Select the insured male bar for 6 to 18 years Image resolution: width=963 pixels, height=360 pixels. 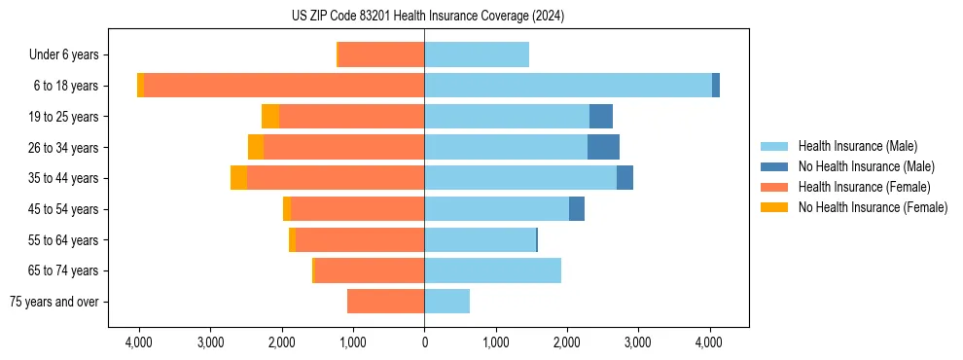coord(568,86)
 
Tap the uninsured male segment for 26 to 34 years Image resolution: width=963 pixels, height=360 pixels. coord(603,147)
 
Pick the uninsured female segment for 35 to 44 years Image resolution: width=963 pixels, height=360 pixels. coord(238,178)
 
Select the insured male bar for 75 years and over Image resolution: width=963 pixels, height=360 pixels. coord(446,302)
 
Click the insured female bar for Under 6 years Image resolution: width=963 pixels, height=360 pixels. coord(381,54)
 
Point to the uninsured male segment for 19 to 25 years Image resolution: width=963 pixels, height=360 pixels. coord(601,117)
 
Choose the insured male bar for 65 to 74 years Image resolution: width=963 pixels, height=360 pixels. coord(492,270)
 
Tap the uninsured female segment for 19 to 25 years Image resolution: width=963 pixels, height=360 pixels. coord(270,117)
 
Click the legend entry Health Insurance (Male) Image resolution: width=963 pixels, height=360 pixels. coord(857,146)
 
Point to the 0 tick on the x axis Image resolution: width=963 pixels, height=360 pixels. coord(424,342)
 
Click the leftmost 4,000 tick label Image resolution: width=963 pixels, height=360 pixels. coord(139,342)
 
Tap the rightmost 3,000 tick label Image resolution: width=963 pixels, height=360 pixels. coord(638,342)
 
